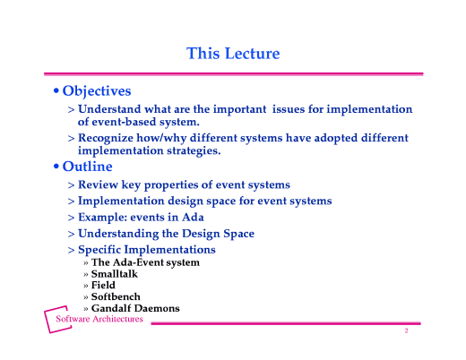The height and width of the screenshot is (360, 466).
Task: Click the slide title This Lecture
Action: click(x=233, y=54)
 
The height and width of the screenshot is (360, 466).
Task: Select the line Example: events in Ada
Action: click(x=141, y=217)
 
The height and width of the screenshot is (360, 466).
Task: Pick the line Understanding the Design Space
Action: click(x=166, y=233)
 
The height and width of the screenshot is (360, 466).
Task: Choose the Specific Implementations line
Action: click(x=146, y=249)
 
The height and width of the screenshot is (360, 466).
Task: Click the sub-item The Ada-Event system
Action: click(x=145, y=262)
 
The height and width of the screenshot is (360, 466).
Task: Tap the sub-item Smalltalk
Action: click(x=115, y=274)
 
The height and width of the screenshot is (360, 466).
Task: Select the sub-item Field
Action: click(x=103, y=286)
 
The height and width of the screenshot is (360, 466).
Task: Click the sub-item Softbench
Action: click(x=116, y=296)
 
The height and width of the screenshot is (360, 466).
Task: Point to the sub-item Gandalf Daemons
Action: click(x=135, y=308)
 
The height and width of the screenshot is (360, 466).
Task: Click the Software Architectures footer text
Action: click(x=99, y=319)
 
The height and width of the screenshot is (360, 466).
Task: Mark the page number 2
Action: click(x=406, y=331)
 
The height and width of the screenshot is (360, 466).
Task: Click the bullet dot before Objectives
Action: click(x=56, y=92)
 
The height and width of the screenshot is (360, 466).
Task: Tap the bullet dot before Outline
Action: click(x=56, y=167)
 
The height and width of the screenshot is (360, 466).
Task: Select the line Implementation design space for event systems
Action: click(x=204, y=201)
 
